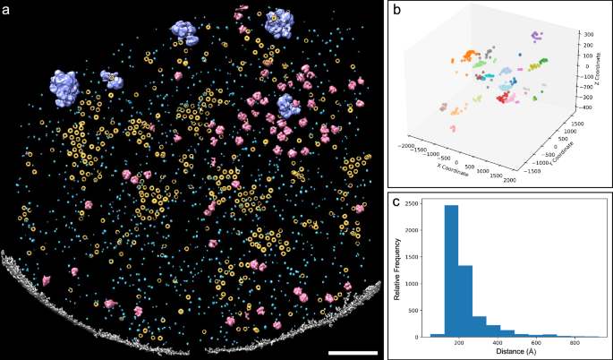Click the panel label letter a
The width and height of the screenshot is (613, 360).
(7, 9)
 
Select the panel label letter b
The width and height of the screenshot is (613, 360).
(396, 9)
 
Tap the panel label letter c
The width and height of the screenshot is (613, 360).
(396, 200)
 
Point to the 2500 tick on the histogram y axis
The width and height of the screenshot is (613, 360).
(429, 204)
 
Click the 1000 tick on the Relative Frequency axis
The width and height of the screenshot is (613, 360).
(429, 286)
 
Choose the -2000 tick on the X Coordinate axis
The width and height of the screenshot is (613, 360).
(410, 143)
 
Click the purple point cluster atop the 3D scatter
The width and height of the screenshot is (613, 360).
(536, 37)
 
